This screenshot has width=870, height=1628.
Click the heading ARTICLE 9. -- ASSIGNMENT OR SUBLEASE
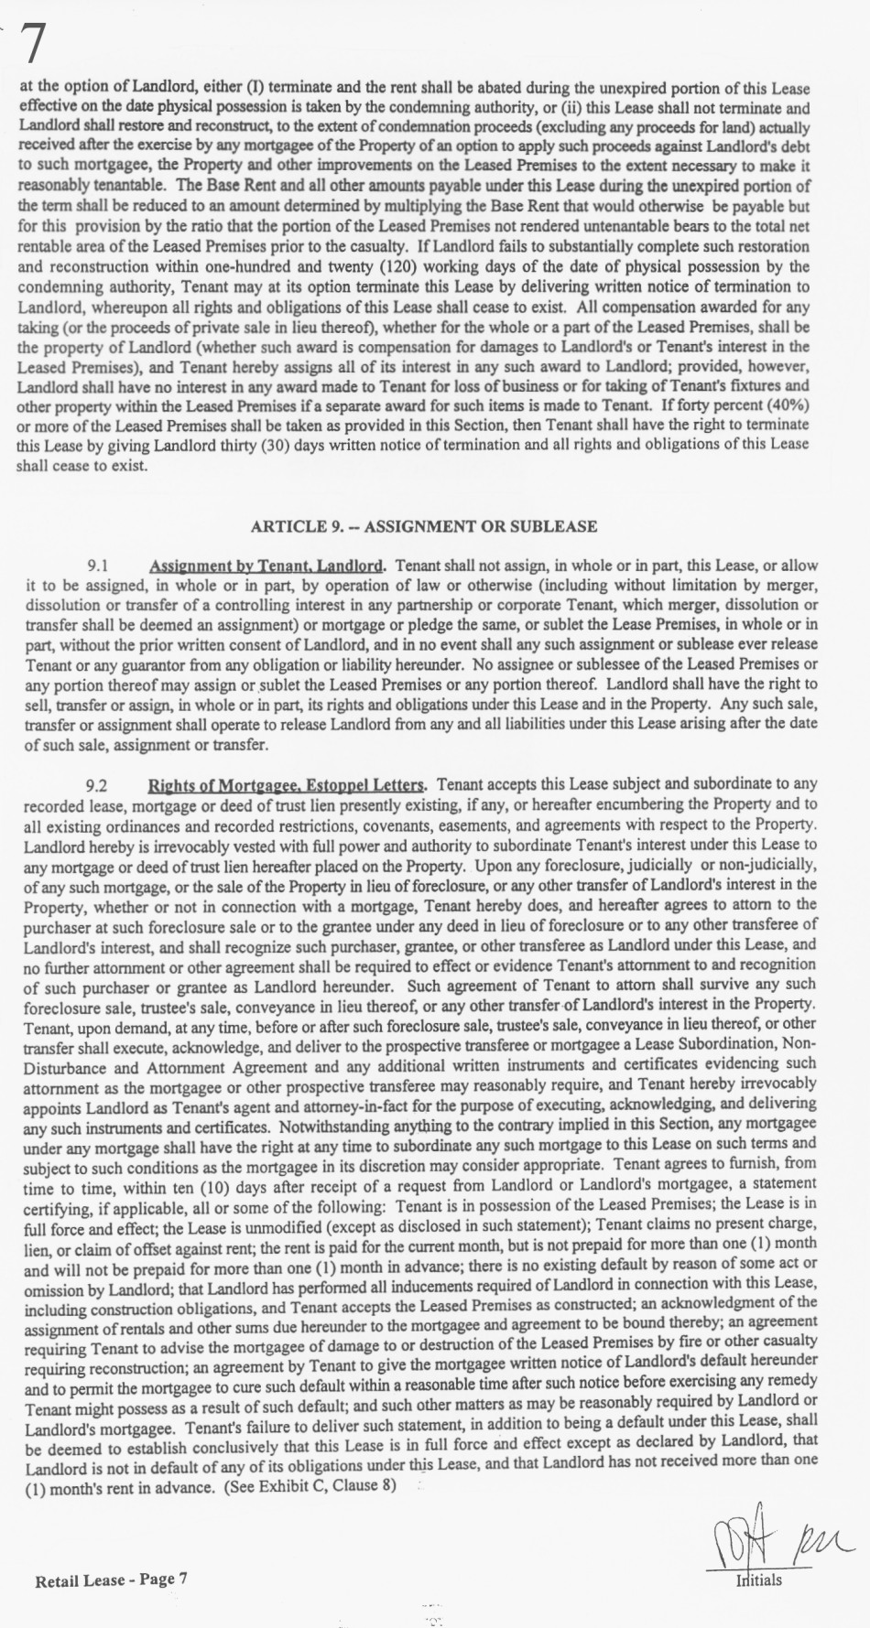[x=423, y=526]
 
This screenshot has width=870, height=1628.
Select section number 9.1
[x=98, y=566]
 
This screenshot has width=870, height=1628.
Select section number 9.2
[x=97, y=785]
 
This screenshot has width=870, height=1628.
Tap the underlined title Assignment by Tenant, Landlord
[x=266, y=566]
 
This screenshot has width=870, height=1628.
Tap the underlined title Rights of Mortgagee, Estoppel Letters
[x=287, y=785]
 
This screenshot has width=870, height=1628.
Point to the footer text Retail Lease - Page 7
[x=111, y=1579]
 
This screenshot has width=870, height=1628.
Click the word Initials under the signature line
[x=759, y=1579]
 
